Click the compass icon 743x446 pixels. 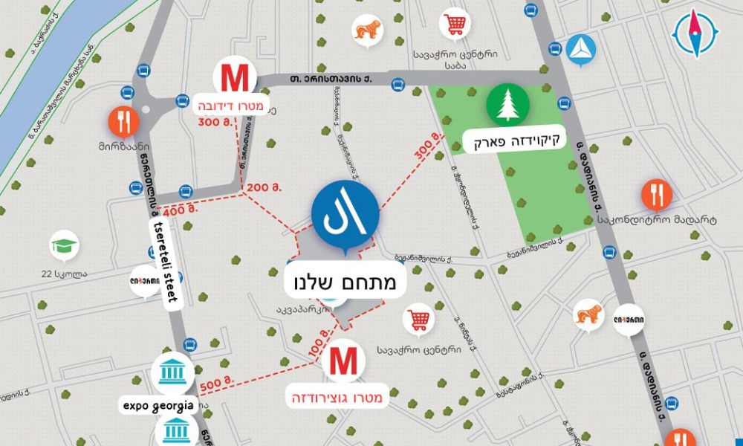tap(696, 33)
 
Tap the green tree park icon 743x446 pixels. tap(508, 106)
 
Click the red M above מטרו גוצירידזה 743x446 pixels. tap(343, 361)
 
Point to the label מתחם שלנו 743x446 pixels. tap(345, 282)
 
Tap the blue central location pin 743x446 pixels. tap(345, 214)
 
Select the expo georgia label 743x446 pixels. tap(158, 406)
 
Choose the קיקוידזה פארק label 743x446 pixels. tap(513, 139)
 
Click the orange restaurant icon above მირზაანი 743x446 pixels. tap(123, 120)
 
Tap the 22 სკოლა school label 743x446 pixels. tap(65, 273)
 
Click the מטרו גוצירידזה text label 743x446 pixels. tap(338, 398)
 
